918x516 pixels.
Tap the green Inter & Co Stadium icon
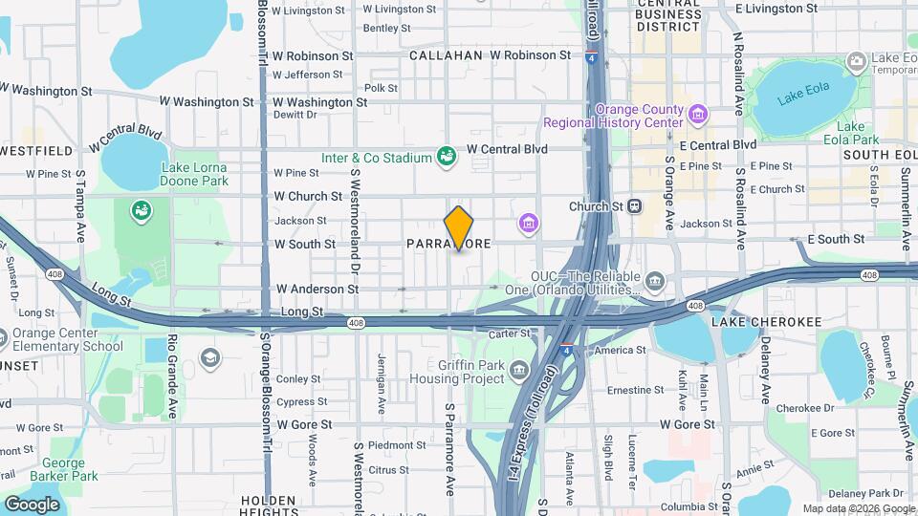click(445, 156)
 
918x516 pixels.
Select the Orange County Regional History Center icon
click(699, 115)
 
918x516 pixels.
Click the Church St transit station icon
click(634, 205)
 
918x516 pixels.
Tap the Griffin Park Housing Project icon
click(519, 370)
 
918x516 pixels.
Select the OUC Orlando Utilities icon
click(655, 280)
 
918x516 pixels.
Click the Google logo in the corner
click(32, 504)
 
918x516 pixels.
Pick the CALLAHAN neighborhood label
click(446, 55)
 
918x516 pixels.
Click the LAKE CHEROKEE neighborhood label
click(766, 323)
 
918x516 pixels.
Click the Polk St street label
click(381, 88)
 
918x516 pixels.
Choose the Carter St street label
click(510, 333)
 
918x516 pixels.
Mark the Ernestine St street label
click(636, 390)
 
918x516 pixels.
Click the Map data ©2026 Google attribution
click(858, 508)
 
